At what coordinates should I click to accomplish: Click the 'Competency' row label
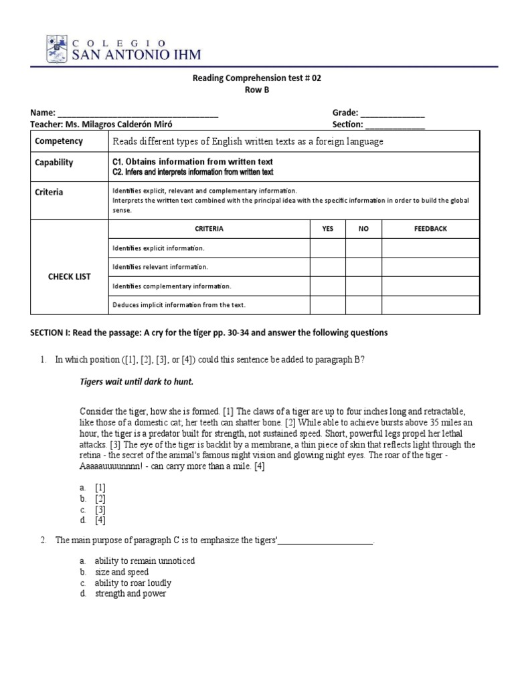[x=59, y=141]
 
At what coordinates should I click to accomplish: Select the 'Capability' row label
[x=54, y=163]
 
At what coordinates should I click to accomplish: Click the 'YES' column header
[x=327, y=229]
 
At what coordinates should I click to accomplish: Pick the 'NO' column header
[x=363, y=229]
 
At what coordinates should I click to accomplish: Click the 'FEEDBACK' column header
[x=430, y=229]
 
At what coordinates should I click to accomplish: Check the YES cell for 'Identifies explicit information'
[x=327, y=248]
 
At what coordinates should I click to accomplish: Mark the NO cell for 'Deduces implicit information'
[x=363, y=305]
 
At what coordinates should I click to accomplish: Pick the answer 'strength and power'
[x=130, y=593]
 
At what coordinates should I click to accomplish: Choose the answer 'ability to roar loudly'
[x=133, y=583]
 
